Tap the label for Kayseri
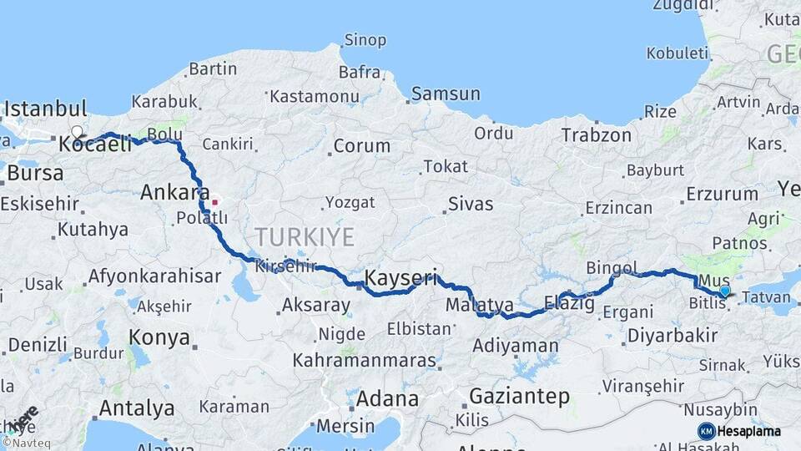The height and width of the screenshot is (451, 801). click(400, 277)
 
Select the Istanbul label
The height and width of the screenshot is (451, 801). click(46, 109)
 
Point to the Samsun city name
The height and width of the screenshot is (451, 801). click(446, 94)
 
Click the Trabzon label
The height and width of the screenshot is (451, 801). click(596, 134)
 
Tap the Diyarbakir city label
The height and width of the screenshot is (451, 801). click(671, 336)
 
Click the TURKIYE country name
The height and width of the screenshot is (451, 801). click(305, 237)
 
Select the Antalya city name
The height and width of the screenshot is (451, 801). click(137, 408)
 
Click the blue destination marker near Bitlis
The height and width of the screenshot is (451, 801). click(724, 291)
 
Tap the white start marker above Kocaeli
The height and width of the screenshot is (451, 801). click(77, 131)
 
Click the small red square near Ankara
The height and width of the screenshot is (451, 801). click(214, 201)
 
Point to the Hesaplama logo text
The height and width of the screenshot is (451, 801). click(750, 431)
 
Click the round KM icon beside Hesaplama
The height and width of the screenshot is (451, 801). click(706, 431)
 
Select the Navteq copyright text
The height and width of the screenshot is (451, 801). click(26, 443)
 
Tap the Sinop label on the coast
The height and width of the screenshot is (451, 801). click(365, 40)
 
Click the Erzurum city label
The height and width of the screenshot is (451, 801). click(722, 195)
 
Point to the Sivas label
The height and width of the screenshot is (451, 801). click(471, 204)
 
